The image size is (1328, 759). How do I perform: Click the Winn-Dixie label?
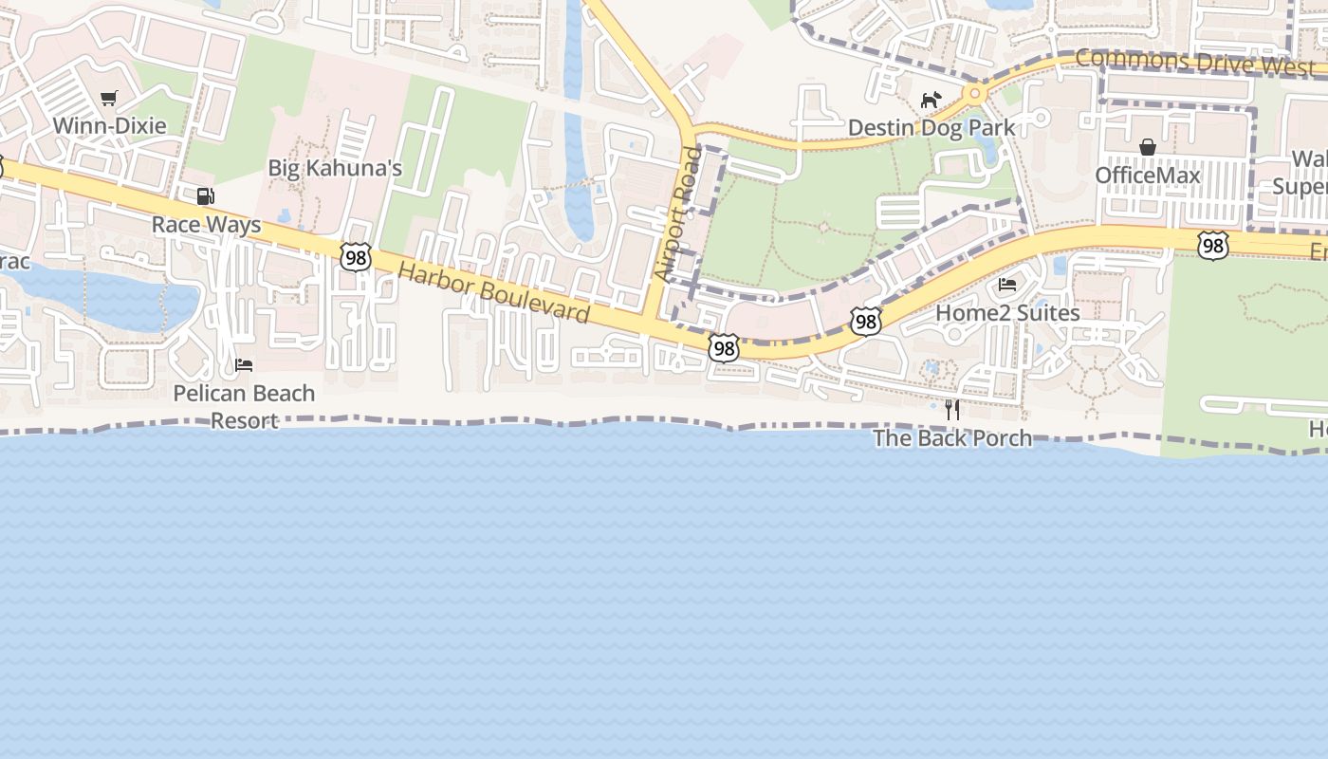pos(109,125)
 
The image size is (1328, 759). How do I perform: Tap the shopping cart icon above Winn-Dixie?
pos(109,98)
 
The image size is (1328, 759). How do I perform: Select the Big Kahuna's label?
pos(335,169)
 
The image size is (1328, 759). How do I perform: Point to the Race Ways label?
pos(206,225)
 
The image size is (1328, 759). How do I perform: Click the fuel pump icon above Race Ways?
pos(205,196)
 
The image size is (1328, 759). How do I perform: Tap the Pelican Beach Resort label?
pos(244,406)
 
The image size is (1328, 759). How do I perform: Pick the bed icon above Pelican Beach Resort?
pos(244,365)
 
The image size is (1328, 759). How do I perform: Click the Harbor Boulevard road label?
pos(493,293)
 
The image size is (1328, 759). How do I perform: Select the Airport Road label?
pos(678,213)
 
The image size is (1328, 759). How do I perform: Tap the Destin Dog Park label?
pos(931,127)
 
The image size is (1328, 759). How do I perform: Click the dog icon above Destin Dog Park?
pos(931,100)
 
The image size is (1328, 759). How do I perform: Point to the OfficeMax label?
pos(1148,176)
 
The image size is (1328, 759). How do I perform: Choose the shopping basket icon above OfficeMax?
pos(1148,147)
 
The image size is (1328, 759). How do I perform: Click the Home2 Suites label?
pos(1007,312)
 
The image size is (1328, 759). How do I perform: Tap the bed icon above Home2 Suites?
pos(1007,284)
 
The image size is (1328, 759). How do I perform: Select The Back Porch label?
pos(952,437)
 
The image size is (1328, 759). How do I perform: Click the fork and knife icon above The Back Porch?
pos(952,410)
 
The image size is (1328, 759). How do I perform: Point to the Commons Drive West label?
pos(1194,63)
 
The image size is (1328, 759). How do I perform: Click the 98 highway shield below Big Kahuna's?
pos(355,257)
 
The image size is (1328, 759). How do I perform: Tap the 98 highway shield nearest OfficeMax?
pos(1212,246)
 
